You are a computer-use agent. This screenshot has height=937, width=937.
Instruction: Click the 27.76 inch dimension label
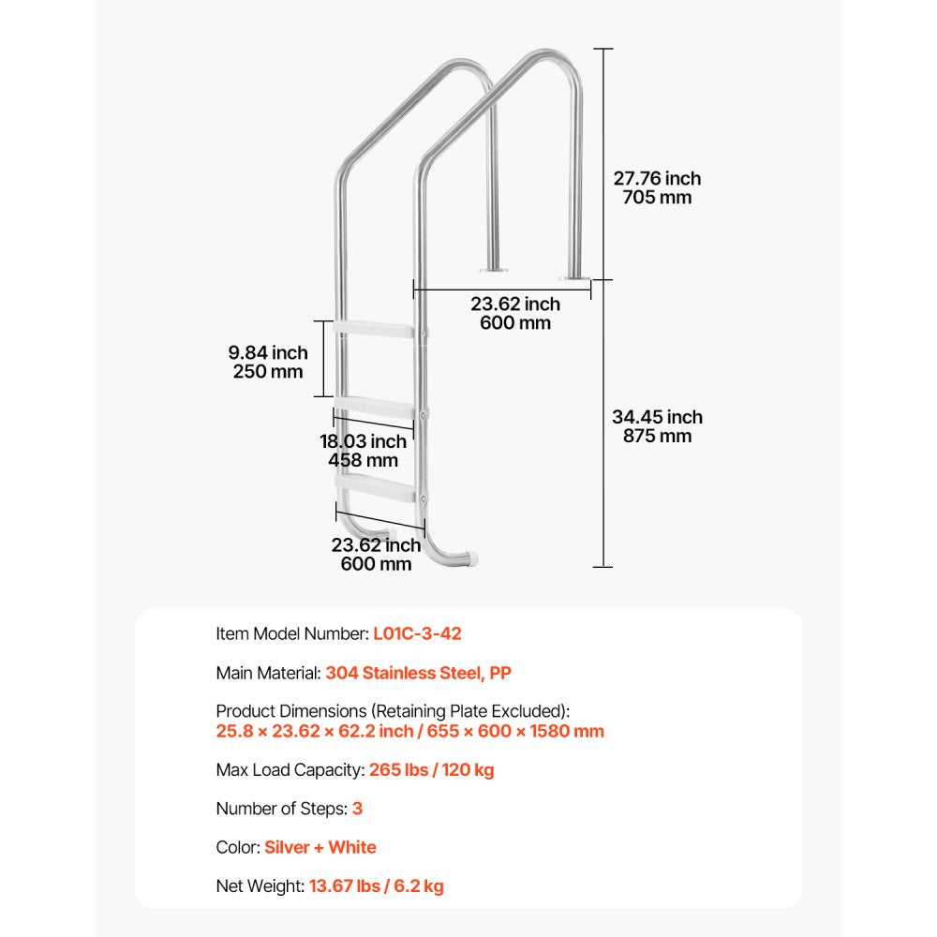click(x=657, y=178)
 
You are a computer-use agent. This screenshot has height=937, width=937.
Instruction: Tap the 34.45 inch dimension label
click(x=657, y=417)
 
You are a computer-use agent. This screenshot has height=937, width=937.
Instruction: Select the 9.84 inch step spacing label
click(x=268, y=352)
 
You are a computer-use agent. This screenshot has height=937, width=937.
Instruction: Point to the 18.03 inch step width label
click(x=363, y=441)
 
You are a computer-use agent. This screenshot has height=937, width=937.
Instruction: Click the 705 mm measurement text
click(x=657, y=198)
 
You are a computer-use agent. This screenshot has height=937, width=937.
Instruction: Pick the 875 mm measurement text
click(x=657, y=437)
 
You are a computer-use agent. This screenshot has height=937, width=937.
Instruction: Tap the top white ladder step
click(x=375, y=330)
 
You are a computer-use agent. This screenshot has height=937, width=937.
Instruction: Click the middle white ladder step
click(x=375, y=409)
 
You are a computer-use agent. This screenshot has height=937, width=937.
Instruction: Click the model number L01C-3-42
click(x=417, y=633)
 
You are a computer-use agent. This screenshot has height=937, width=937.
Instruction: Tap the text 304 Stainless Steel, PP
click(x=418, y=673)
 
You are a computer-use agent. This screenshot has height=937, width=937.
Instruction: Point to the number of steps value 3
click(x=357, y=808)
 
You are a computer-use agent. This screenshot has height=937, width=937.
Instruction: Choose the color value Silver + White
click(x=320, y=847)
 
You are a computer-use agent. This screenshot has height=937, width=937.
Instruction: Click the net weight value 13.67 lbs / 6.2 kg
click(x=377, y=885)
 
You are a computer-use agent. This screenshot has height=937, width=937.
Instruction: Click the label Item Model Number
click(x=291, y=633)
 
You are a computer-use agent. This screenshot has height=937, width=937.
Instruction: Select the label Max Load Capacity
click(x=289, y=770)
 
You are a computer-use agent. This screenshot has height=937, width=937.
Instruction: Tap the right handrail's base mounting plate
click(x=573, y=277)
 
